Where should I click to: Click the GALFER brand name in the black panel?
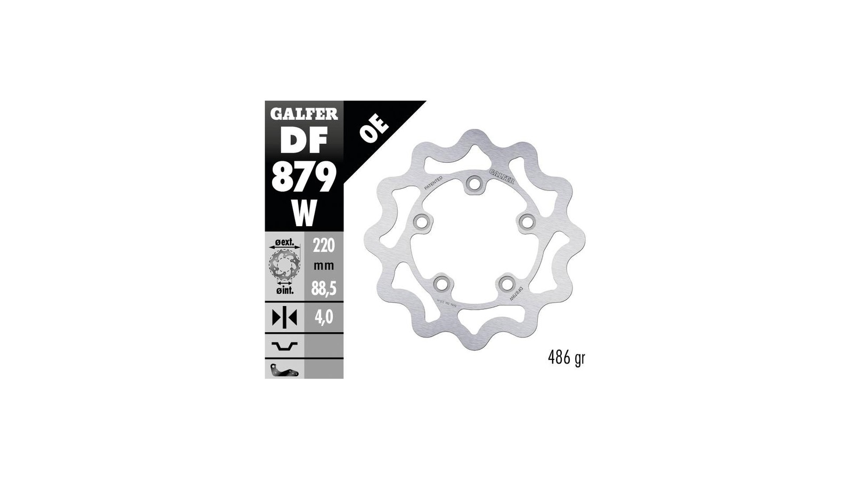[304, 114]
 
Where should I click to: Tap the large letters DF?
[304, 143]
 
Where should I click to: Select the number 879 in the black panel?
[304, 177]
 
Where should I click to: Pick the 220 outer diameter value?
[324, 245]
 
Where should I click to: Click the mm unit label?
[324, 266]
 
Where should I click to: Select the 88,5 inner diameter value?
[324, 289]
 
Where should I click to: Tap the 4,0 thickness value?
[324, 317]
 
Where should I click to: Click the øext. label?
[284, 242]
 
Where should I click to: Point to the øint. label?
[285, 290]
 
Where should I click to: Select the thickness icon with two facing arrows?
[284, 317]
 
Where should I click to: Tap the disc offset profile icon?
[284, 346]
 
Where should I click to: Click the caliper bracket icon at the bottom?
[284, 370]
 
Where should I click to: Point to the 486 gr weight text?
[566, 358]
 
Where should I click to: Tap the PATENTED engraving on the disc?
[433, 183]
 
